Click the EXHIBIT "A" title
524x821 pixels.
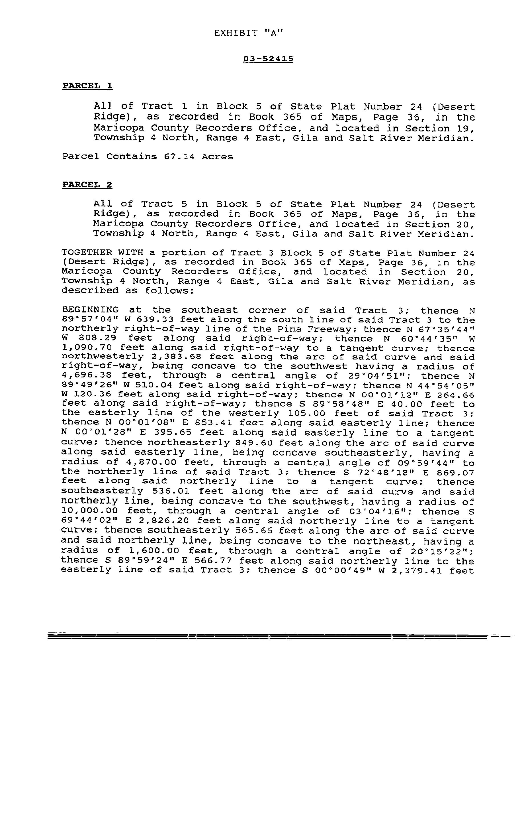coord(249,33)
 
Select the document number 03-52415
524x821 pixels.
coord(268,59)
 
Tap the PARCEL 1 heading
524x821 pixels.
coord(87,86)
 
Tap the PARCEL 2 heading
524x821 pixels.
coord(87,185)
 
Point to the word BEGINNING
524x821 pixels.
coord(91,310)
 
